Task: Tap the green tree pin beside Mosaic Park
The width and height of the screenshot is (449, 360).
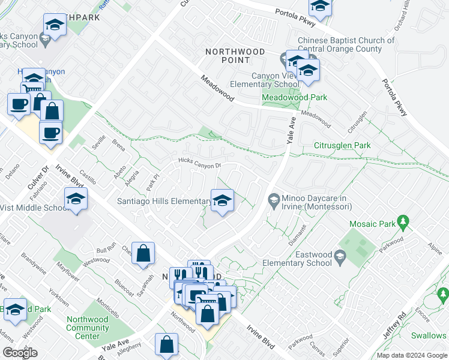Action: coord(404,223)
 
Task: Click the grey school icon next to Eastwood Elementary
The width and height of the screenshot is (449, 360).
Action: coord(340,258)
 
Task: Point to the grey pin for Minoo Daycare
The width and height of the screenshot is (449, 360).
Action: coord(274,199)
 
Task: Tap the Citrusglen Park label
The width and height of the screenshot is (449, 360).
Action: coord(342,145)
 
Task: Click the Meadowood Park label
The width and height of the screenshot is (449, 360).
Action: coord(294,97)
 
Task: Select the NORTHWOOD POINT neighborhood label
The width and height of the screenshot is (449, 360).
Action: coord(235,56)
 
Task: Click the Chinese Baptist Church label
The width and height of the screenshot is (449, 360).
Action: coord(346,45)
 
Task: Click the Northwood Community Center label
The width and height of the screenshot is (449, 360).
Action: coord(88,328)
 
